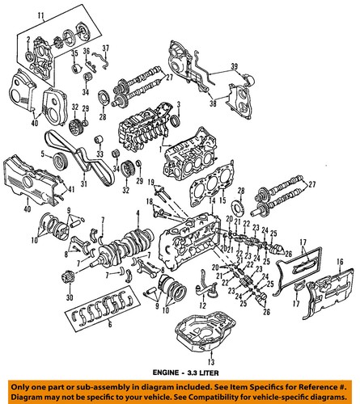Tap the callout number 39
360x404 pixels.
234,65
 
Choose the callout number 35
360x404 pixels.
74,54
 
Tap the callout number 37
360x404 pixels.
107,48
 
